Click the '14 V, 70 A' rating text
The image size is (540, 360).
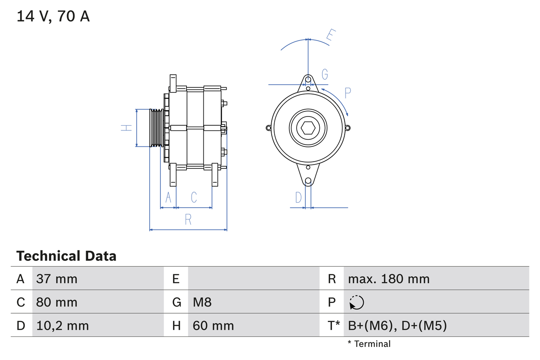tap(53, 16)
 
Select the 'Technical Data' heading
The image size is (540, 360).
tap(66, 256)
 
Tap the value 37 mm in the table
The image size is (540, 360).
tap(57, 279)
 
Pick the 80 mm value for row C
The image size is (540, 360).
tap(57, 302)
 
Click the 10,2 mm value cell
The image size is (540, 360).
tap(62, 325)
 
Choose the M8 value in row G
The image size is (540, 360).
tap(202, 302)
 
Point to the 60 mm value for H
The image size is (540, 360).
tap(213, 325)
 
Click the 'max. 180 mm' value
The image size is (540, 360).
tap(389, 279)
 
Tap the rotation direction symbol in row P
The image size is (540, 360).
tap(356, 302)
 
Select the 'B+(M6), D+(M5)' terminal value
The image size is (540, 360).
tap(397, 325)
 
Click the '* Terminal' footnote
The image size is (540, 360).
tap(369, 344)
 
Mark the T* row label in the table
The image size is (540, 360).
tap(334, 325)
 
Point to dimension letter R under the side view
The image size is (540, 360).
tap(188, 219)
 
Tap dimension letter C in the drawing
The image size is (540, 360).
tap(194, 197)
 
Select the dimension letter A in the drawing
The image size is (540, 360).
tap(168, 197)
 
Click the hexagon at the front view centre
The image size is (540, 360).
tap(308, 128)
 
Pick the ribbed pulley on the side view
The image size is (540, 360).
tap(157, 128)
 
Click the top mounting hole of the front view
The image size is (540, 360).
tap(308, 79)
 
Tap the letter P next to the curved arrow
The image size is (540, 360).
tap(348, 93)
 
